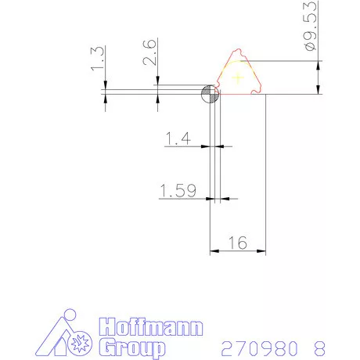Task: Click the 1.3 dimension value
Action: pyautogui.click(x=98, y=59)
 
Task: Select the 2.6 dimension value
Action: pyautogui.click(x=150, y=52)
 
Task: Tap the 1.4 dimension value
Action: pyautogui.click(x=178, y=139)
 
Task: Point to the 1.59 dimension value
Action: pyautogui.click(x=178, y=190)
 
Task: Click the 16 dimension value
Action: pyautogui.click(x=238, y=243)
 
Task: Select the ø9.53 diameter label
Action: pyautogui.click(x=311, y=26)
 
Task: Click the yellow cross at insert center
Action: pyautogui.click(x=238, y=77)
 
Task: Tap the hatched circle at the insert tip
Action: pyautogui.click(x=211, y=94)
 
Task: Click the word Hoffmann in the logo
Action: pyautogui.click(x=151, y=326)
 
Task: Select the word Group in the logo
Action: pyautogui.click(x=132, y=347)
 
